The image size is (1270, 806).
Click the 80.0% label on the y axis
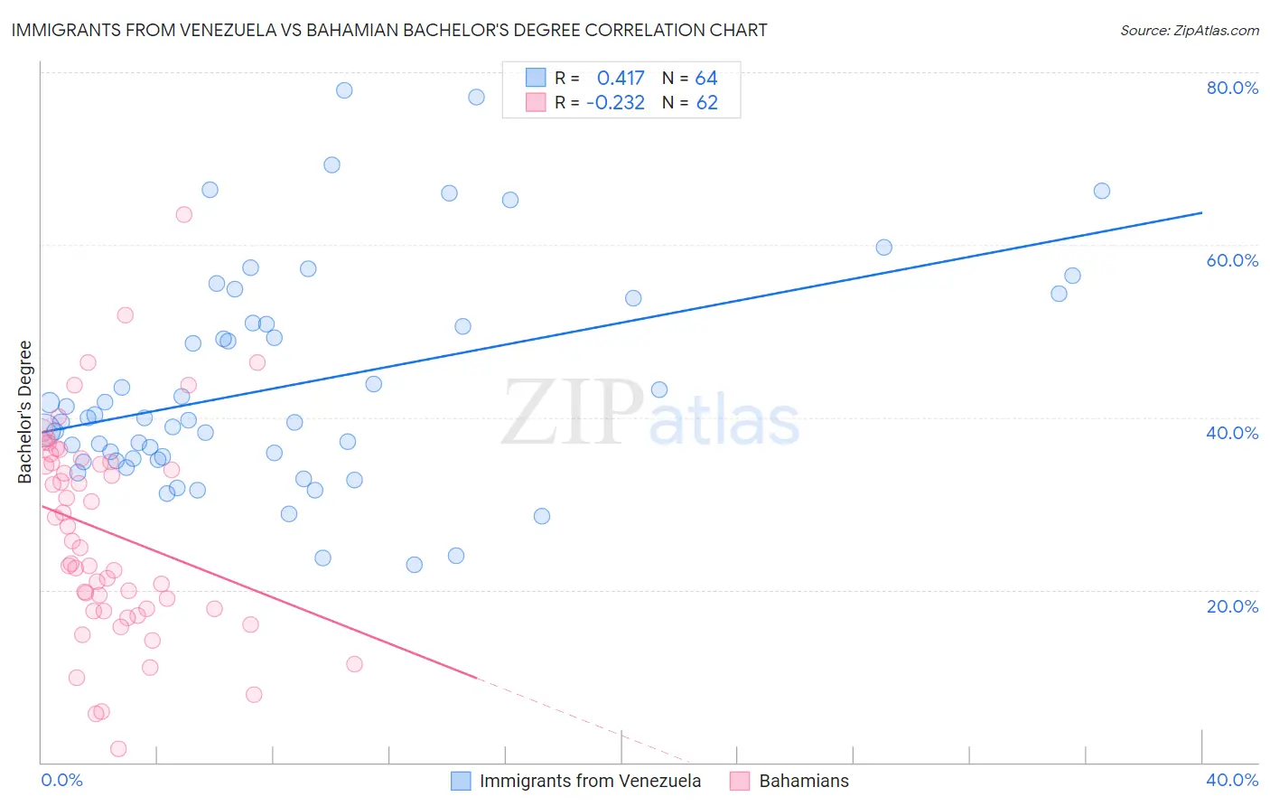click(x=1232, y=88)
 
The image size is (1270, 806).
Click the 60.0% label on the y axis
click(x=1232, y=260)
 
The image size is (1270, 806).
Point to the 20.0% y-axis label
click(x=1232, y=606)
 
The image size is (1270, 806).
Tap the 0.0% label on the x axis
click(x=61, y=780)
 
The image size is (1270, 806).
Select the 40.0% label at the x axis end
click(x=1232, y=780)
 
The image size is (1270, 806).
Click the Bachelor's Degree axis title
click(x=25, y=412)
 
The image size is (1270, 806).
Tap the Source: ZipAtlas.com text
click(x=1189, y=31)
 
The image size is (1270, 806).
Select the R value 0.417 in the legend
click(x=621, y=78)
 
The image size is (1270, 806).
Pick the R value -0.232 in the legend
click(x=615, y=103)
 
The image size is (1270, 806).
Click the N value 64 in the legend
click(x=706, y=78)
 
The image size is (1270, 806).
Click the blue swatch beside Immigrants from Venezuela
click(x=461, y=781)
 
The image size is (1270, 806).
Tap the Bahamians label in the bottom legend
click(x=804, y=781)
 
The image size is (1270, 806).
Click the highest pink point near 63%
click(x=183, y=214)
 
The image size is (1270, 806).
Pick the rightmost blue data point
click(x=1101, y=191)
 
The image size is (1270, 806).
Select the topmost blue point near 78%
click(x=344, y=90)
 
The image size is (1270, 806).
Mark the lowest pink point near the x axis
click(x=118, y=748)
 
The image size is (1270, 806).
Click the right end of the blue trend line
click(x=1201, y=212)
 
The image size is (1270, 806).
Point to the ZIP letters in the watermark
click(x=572, y=412)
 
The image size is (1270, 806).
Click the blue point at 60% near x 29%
click(x=883, y=248)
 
